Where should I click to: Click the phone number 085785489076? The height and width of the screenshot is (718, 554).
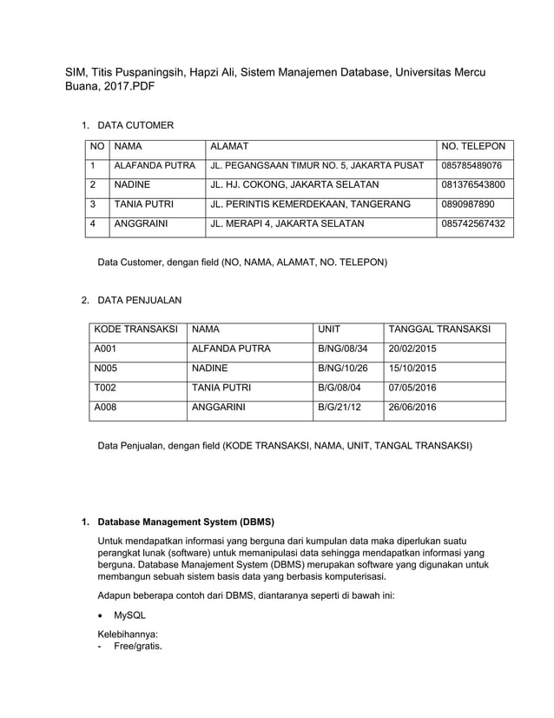pos(472,165)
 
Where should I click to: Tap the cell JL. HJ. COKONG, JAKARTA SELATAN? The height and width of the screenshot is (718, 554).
pos(295,184)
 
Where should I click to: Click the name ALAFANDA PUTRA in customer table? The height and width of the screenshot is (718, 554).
pos(155,165)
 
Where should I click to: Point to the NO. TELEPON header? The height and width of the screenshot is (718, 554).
pos(473,146)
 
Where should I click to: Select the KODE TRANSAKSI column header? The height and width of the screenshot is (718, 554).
pos(135,329)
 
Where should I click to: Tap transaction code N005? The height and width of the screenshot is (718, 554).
pos(106,368)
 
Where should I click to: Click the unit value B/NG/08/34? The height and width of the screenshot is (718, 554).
pos(343,349)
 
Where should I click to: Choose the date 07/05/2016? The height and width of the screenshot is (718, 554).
pos(412,387)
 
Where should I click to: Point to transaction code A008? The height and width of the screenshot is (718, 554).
pos(106,406)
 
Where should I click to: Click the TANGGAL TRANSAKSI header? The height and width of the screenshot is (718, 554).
pos(439,329)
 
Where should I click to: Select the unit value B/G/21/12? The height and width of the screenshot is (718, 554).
pos(340,406)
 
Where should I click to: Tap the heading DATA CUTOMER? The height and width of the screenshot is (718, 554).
pos(135,126)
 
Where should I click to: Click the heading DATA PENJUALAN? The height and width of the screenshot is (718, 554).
pos(139,301)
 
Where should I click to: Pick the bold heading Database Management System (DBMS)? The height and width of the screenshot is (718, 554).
pos(186,522)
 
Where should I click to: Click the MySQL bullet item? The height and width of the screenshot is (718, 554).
pos(129,615)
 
